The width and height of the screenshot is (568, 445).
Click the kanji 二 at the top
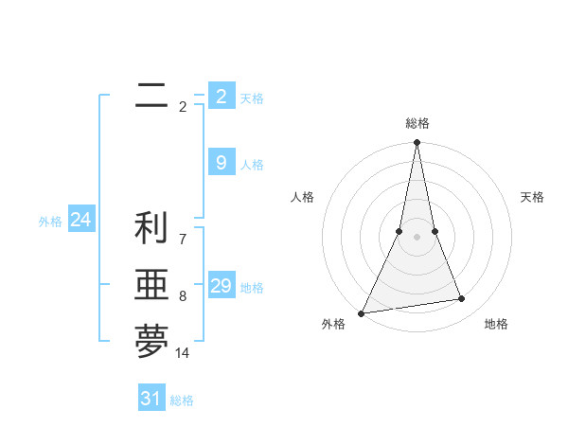pyautogui.click(x=151, y=96)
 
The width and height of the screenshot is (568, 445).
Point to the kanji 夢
pyautogui.click(x=151, y=343)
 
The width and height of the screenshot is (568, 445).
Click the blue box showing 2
pyautogui.click(x=221, y=96)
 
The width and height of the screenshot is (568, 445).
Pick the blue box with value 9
pyautogui.click(x=221, y=163)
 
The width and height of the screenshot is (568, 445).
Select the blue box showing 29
pyautogui.click(x=221, y=286)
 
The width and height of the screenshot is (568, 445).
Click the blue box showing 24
pyautogui.click(x=80, y=220)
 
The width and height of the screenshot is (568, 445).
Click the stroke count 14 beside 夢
pyautogui.click(x=183, y=353)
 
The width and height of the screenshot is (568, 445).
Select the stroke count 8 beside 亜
pyautogui.click(x=183, y=296)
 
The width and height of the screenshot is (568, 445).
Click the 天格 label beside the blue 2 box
pyautogui.click(x=252, y=98)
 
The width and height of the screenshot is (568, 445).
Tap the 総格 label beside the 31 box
pyautogui.click(x=183, y=400)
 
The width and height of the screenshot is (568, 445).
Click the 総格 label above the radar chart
pyautogui.click(x=417, y=123)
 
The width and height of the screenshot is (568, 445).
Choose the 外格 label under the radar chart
pyautogui.click(x=333, y=324)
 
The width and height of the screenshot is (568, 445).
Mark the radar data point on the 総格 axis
pyautogui.click(x=417, y=143)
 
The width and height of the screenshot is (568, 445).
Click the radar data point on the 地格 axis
pyautogui.click(x=462, y=299)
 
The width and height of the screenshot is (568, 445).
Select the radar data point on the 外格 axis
pyautogui.click(x=361, y=313)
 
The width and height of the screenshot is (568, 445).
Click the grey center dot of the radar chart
pyautogui.click(x=417, y=237)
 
